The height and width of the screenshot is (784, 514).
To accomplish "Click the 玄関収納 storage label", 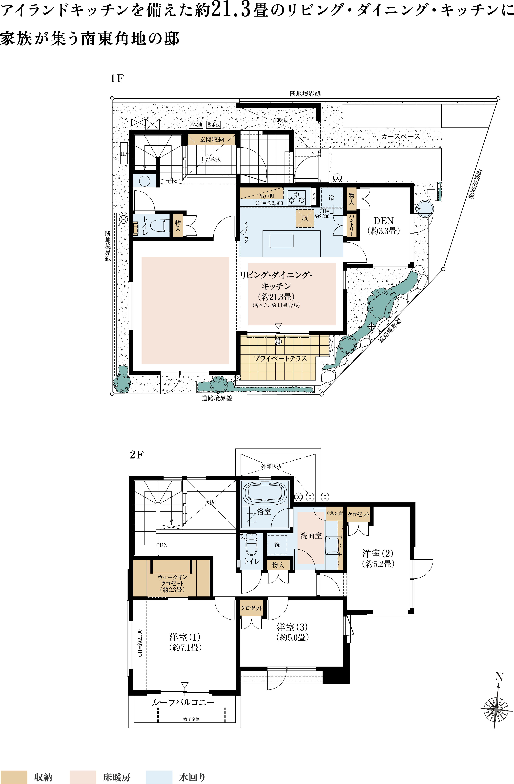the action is (x=212, y=140).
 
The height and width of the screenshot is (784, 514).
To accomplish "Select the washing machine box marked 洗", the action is (x=277, y=544).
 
